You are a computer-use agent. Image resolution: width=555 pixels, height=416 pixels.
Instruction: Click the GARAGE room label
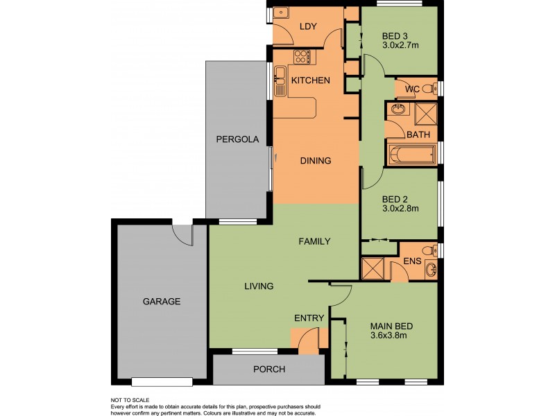tap(162, 302)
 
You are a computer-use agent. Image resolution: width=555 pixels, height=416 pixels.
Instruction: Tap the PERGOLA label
tap(237, 139)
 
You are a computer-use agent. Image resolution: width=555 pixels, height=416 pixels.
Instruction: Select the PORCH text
tap(268, 370)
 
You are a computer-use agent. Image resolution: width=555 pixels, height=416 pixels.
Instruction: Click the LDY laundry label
tap(308, 27)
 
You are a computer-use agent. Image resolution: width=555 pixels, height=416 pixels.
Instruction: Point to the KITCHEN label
tap(310, 81)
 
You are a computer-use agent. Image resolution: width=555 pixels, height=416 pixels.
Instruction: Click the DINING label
tap(315, 161)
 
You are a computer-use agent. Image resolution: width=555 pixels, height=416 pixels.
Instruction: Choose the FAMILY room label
tap(314, 242)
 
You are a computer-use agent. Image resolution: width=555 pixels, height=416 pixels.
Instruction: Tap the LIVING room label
tap(258, 286)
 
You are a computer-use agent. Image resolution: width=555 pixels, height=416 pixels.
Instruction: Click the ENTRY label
tap(309, 318)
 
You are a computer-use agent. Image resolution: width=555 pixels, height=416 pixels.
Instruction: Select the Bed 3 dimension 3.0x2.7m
tap(400, 46)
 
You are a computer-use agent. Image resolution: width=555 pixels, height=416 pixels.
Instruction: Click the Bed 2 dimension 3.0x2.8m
tap(400, 207)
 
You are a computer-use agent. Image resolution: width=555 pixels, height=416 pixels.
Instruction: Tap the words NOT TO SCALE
tap(130, 400)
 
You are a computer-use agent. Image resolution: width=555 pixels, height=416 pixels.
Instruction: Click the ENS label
tap(411, 261)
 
